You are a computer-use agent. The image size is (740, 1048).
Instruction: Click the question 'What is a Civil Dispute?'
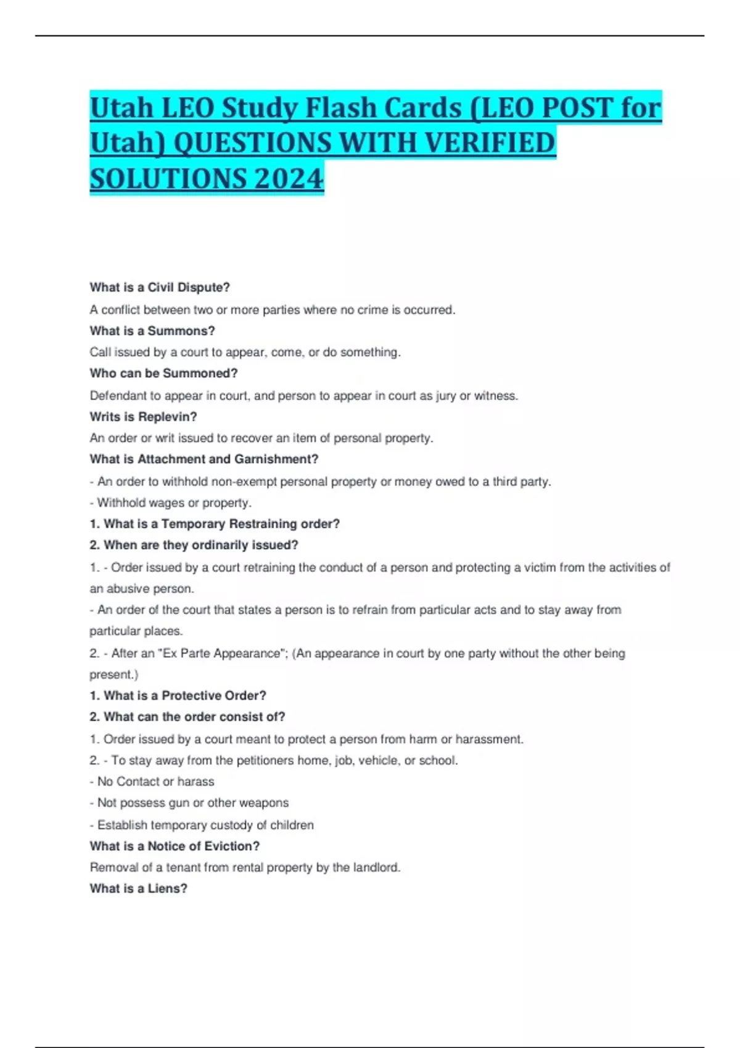click(x=160, y=287)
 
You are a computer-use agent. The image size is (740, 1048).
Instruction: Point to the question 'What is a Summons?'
click(x=152, y=330)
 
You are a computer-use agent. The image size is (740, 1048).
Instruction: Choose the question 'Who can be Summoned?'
click(x=163, y=373)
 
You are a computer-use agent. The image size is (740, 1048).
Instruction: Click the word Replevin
click(x=167, y=416)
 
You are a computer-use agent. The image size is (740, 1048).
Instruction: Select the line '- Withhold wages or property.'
click(x=171, y=502)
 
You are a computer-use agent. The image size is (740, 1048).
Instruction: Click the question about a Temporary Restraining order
click(x=215, y=523)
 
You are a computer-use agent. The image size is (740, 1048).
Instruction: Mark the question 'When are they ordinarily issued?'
click(x=194, y=545)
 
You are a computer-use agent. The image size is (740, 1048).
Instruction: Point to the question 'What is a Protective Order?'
click(x=178, y=695)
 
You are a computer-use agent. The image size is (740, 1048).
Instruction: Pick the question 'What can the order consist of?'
click(x=187, y=716)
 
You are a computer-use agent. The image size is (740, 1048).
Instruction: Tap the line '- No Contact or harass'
click(x=152, y=781)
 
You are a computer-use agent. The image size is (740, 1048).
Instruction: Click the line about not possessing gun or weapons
click(x=189, y=803)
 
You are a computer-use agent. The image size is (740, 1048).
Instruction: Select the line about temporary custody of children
click(x=202, y=825)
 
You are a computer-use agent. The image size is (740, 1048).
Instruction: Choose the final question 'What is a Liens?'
click(x=138, y=888)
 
